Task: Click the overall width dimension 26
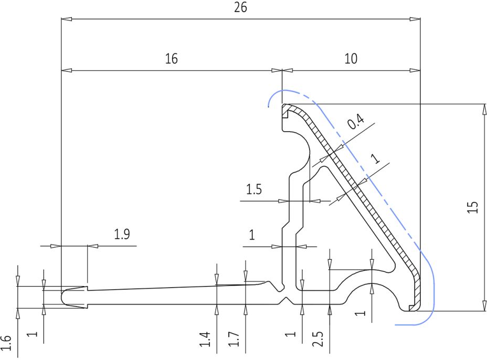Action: pyautogui.click(x=240, y=7)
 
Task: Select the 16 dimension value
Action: pyautogui.click(x=171, y=58)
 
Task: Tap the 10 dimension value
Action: pyautogui.click(x=351, y=58)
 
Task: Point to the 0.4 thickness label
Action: pyautogui.click(x=356, y=124)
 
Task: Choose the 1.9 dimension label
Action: pyautogui.click(x=122, y=235)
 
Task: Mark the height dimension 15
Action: pyautogui.click(x=473, y=208)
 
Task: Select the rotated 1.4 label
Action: pyautogui.click(x=206, y=340)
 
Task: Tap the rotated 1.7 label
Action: pyautogui.click(x=235, y=340)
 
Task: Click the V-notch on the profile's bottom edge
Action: pyautogui.click(x=286, y=301)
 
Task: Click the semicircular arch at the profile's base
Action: pyautogui.click(x=372, y=294)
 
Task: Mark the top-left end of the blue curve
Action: pyautogui.click(x=269, y=107)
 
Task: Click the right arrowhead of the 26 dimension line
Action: pyautogui.click(x=416, y=20)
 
